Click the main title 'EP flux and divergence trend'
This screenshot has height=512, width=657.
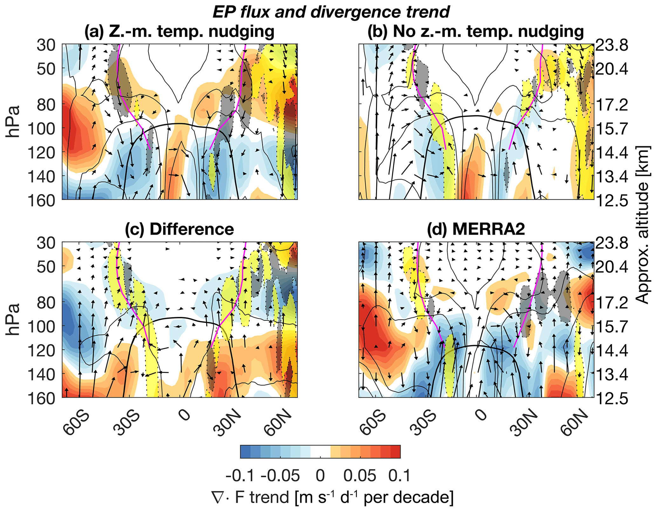point(331,12)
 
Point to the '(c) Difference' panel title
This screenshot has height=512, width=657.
point(179,229)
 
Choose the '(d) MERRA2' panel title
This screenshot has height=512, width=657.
point(476,229)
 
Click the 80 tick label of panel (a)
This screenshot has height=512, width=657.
point(46,104)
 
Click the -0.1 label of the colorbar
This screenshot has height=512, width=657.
point(240,476)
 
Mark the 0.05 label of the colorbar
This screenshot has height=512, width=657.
point(360,476)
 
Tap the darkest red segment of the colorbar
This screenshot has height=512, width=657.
point(395,452)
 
